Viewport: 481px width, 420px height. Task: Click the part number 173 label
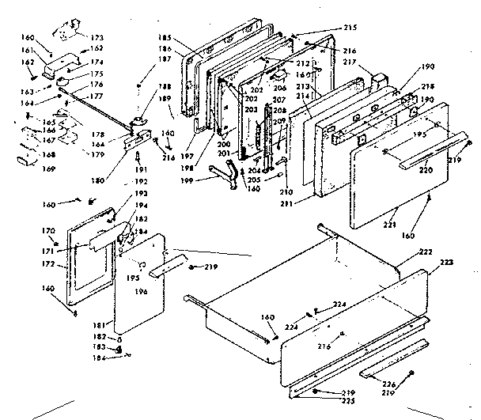(x=97, y=37)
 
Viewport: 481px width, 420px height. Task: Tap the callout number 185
(x=165, y=36)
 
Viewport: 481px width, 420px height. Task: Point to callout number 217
(x=351, y=62)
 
